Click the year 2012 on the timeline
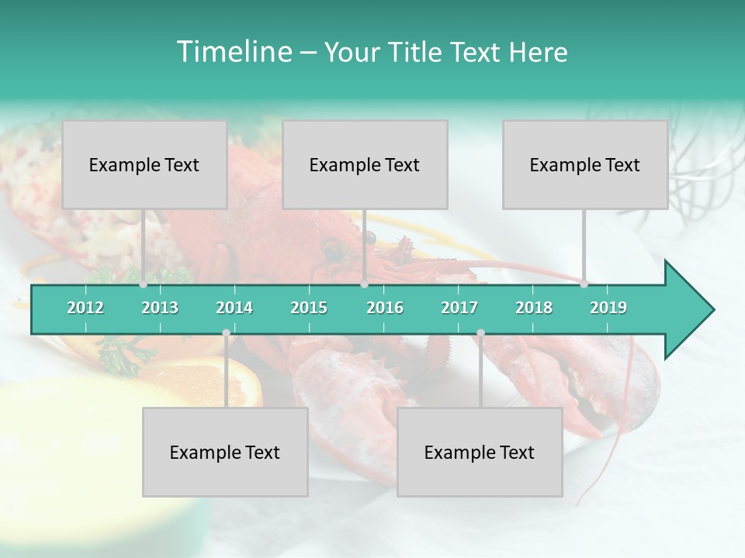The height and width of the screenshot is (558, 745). [85, 308]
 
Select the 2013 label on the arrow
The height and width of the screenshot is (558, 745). [160, 308]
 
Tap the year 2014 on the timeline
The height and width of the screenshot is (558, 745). [234, 308]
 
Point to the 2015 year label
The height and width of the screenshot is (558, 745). [309, 308]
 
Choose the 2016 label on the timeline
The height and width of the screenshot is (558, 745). [385, 308]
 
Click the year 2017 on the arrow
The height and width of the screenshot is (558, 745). [459, 308]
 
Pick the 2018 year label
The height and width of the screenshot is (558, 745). [534, 308]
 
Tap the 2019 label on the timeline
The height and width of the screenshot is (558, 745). [608, 308]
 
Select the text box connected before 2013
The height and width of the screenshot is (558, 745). [144, 164]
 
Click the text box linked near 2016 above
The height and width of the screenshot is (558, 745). [365, 164]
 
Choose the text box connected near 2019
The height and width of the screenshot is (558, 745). [585, 164]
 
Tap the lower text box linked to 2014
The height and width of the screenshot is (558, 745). [225, 452]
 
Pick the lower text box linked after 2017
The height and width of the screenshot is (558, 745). [480, 452]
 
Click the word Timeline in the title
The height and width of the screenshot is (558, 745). [233, 52]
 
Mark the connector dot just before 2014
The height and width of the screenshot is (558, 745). [226, 332]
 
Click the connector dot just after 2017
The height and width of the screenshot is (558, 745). [480, 332]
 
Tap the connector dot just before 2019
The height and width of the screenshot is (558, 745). [584, 284]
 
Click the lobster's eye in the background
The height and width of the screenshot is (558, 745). [331, 250]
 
